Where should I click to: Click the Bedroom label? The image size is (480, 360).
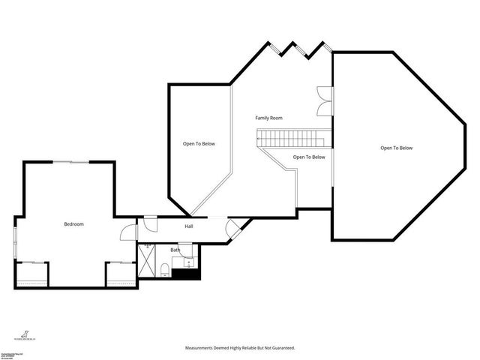73,224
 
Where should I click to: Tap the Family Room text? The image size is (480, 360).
268,118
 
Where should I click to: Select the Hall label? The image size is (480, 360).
190,226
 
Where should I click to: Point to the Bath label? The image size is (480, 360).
175,250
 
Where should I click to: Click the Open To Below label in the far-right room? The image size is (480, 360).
397,148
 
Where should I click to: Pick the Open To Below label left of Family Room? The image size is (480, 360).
199,144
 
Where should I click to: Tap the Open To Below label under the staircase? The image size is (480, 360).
309,157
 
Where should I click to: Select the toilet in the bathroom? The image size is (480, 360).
163,268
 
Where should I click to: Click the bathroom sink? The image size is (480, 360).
187,262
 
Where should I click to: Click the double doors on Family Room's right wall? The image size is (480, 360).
322,101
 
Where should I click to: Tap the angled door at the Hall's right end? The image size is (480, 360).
235,226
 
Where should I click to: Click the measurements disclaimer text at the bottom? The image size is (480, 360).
240,348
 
